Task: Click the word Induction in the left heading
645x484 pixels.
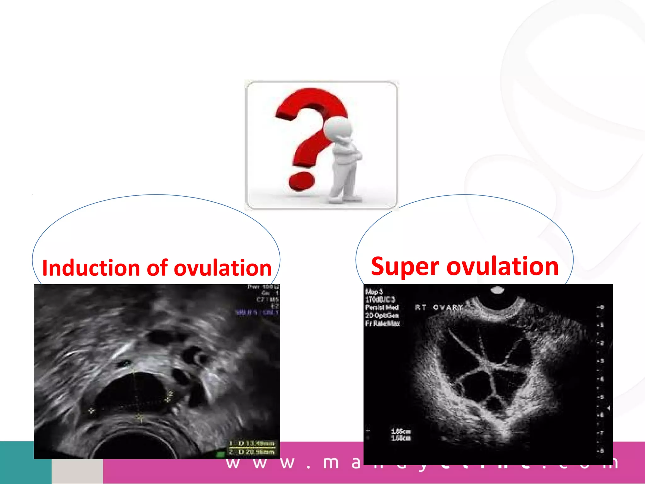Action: tap(91, 268)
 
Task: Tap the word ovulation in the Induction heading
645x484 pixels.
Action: tap(222, 268)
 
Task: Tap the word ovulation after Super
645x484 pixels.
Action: tap(502, 267)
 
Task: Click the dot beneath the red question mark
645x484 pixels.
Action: tap(301, 181)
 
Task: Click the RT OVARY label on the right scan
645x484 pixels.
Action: tap(440, 307)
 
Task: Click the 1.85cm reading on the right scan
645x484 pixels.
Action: tap(401, 431)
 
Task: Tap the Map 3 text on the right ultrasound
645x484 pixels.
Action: tap(374, 291)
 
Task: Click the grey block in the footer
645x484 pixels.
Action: tap(77, 471)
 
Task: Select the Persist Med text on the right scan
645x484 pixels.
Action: tap(382, 308)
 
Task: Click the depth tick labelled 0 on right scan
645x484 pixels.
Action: tap(601, 307)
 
